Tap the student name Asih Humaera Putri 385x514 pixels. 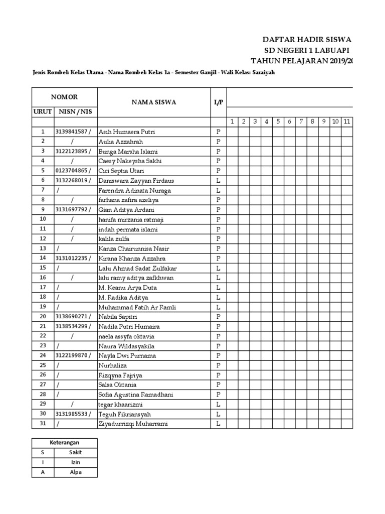127,132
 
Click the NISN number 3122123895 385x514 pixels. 73,151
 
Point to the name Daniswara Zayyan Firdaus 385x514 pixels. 135,180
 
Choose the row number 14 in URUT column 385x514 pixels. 43,258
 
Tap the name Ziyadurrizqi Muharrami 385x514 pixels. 133,424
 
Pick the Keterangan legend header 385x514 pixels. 65,442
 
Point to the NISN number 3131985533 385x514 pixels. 73,414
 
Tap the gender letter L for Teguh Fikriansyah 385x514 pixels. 218,414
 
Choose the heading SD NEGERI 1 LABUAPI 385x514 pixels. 307,51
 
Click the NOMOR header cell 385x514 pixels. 65,97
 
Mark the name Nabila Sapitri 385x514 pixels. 118,317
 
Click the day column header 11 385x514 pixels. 347,122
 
